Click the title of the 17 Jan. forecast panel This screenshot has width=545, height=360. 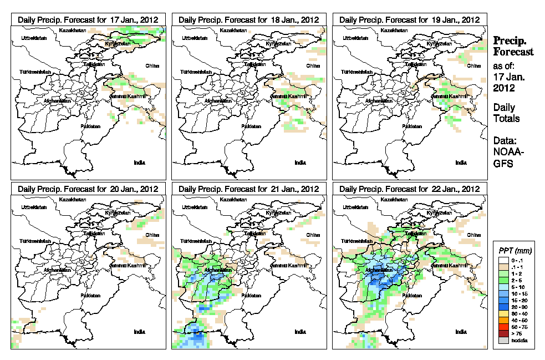coord(88,19)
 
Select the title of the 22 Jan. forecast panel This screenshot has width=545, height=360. coord(410,189)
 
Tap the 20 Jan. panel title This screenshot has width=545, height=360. coord(88,189)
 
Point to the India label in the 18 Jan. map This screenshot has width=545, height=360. coord(299,163)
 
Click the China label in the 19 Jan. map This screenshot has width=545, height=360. coord(473,65)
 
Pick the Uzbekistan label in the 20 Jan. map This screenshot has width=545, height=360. coord(32,207)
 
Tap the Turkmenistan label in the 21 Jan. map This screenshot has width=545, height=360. coord(195,242)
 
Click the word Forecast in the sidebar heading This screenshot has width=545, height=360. coord(513,52)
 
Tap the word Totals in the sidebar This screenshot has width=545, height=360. coord(506,118)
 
